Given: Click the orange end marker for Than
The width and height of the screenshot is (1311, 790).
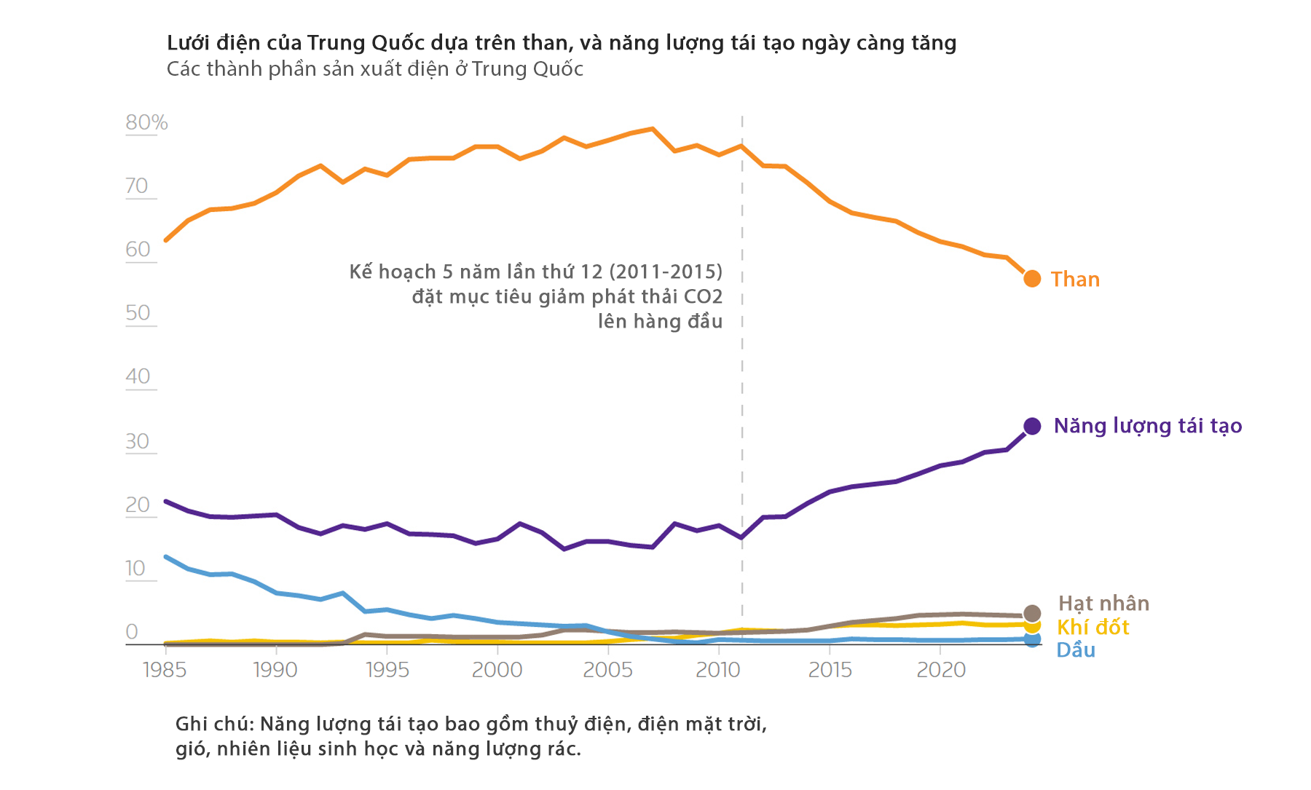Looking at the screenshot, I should pos(1031,278).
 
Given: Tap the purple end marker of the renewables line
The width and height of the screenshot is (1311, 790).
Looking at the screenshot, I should pos(1031,426).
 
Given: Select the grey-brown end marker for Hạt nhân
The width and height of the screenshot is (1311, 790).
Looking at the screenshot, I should pos(1031,613).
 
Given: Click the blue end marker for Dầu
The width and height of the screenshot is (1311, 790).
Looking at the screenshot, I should pos(1031,639).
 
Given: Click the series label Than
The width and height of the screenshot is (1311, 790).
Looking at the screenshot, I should pos(1075,280).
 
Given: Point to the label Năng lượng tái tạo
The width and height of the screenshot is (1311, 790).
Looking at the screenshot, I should pos(1147,426).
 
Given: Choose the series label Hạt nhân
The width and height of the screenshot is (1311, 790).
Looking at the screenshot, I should pos(1103,604).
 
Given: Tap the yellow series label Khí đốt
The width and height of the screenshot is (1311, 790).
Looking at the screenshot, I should pos(1092,628).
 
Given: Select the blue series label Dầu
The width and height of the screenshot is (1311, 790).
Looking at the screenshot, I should pos(1076,650).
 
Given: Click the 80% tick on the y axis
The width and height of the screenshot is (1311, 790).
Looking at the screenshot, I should pos(146,122).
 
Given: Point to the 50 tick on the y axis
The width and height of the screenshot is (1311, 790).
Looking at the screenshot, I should pos(138,313).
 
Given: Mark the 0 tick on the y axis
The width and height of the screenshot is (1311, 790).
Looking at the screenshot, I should pos(132,631).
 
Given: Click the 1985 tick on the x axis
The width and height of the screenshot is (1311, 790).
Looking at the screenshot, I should pos(165,670).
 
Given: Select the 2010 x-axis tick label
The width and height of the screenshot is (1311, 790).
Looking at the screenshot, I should pos(718,670).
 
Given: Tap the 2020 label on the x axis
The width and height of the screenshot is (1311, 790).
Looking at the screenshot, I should pos(940,670).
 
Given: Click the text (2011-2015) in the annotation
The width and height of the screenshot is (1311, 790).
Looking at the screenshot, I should pos(666,272).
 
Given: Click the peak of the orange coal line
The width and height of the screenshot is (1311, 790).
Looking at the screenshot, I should pos(653,129).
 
